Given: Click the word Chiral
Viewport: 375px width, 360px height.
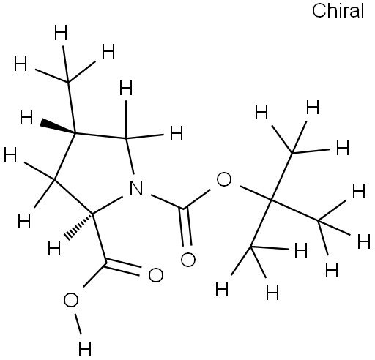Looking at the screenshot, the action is point(338,11).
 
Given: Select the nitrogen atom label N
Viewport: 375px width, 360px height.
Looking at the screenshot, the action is point(136,188).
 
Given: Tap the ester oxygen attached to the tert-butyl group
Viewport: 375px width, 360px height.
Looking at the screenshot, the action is point(223,179).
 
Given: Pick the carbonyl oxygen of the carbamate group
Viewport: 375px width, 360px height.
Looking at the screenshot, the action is point(187,259).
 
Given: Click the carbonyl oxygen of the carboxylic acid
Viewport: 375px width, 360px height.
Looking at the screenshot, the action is point(155,275).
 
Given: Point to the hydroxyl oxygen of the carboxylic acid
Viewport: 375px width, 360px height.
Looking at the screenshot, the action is point(71,300).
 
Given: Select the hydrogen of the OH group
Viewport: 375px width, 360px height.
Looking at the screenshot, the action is point(85,349).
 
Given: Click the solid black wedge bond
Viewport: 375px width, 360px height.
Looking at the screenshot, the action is point(58,127).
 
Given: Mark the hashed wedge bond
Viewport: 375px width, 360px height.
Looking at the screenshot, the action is point(78,226).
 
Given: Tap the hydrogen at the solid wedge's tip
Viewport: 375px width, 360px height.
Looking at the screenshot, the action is point(26,117).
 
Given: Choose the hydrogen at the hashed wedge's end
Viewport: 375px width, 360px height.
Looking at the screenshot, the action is point(54,248).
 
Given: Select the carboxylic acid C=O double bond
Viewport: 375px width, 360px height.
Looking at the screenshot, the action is point(122,269).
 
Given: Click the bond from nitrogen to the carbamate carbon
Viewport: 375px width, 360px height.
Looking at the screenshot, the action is point(167,202).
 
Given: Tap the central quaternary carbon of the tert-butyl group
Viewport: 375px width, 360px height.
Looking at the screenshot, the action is point(271,200).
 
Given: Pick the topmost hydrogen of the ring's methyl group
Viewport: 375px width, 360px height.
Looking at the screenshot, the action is point(61,33).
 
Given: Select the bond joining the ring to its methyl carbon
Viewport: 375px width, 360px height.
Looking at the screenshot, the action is point(72,108).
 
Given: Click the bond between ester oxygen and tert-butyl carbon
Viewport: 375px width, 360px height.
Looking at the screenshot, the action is point(256,193).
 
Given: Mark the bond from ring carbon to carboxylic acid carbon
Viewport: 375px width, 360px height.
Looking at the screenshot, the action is point(100,239).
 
